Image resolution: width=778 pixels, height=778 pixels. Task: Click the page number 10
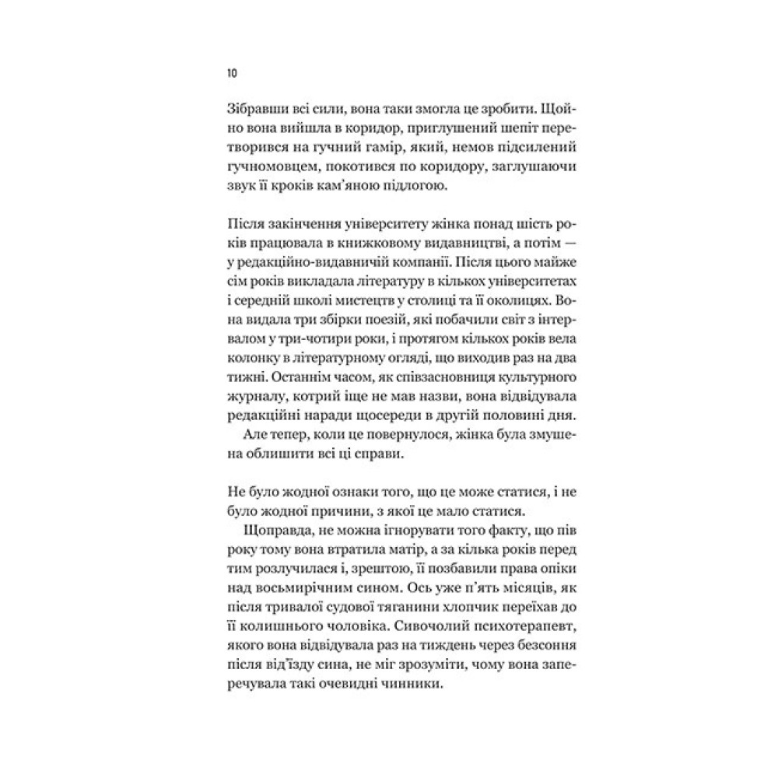(231, 73)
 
